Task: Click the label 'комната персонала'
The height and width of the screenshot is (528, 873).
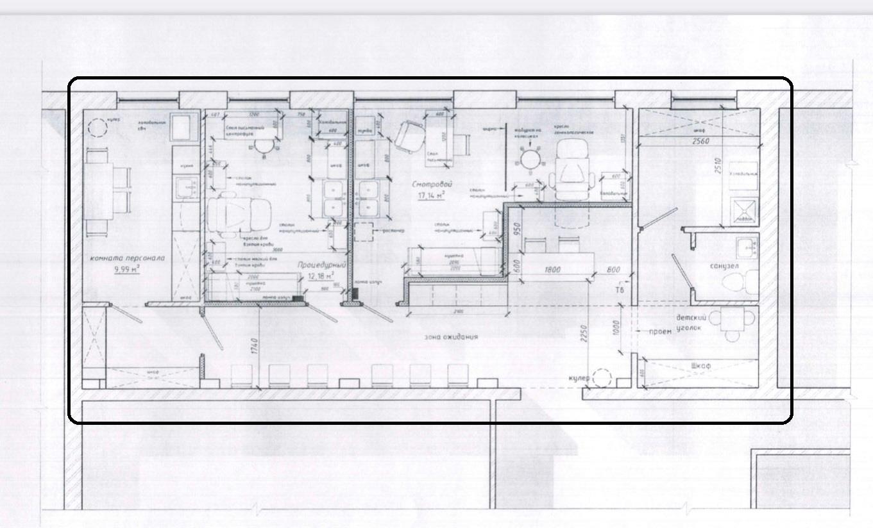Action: (x=128, y=258)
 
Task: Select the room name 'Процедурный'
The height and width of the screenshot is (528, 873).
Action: (x=321, y=265)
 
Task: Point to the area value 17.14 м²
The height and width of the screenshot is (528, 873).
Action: (x=431, y=195)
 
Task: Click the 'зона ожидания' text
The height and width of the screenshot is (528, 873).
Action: (x=451, y=336)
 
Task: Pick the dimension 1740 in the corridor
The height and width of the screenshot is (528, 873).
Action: (x=255, y=346)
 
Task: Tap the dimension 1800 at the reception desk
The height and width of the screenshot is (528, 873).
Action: (x=552, y=270)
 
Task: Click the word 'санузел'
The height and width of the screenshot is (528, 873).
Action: (x=725, y=266)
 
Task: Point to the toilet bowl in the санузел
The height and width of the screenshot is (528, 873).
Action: (x=748, y=282)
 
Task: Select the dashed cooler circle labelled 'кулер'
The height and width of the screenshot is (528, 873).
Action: (x=602, y=378)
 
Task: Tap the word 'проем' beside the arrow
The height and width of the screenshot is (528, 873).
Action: (x=659, y=331)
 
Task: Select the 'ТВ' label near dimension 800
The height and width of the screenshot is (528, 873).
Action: (x=620, y=290)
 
